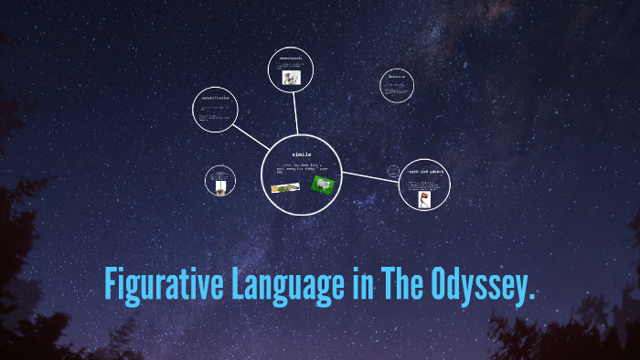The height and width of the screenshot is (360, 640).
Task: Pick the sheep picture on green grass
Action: [x=322, y=185]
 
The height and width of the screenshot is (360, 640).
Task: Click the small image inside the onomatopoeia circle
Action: [x=291, y=79]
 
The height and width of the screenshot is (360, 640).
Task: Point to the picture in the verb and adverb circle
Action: [x=424, y=198]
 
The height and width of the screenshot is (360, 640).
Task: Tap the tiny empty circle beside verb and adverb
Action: [x=394, y=171]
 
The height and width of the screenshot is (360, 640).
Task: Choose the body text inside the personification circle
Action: [x=216, y=113]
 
